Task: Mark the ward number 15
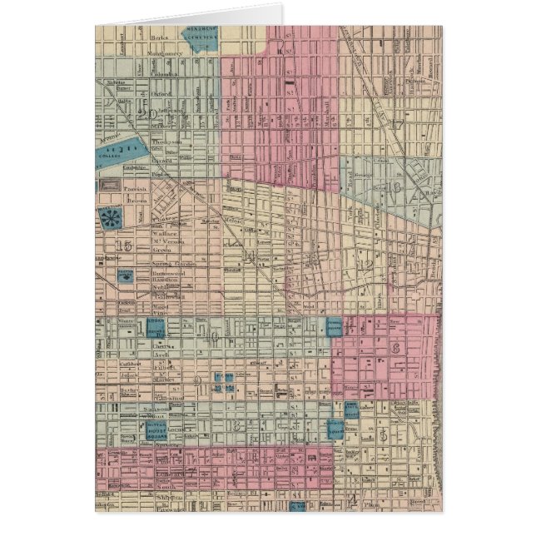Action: (126, 245)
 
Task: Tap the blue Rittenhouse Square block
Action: (156, 428)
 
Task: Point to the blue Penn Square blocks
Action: (222, 382)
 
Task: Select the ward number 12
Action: (364, 265)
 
